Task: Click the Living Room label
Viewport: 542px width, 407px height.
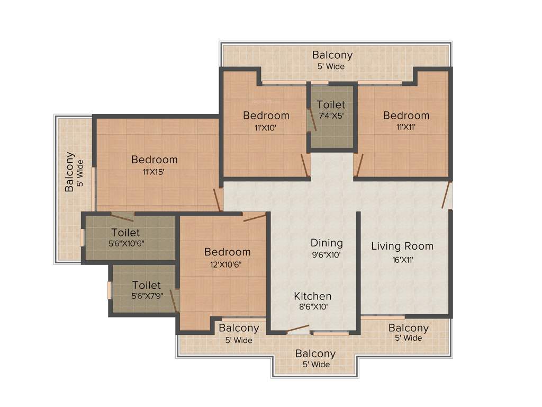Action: (x=402, y=246)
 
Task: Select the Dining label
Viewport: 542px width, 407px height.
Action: (x=327, y=243)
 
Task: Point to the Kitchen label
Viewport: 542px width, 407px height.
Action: (x=313, y=296)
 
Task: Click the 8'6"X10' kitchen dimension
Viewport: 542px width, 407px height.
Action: (x=313, y=307)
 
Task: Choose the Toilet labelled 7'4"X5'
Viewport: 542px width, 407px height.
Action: (x=331, y=105)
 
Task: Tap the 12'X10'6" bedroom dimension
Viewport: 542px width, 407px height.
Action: (x=228, y=264)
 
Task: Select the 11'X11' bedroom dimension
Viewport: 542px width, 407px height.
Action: (x=406, y=127)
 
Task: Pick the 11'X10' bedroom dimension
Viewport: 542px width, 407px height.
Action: (x=266, y=127)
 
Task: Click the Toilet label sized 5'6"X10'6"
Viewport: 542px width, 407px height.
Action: (x=125, y=233)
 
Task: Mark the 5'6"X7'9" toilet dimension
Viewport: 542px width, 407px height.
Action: (x=147, y=297)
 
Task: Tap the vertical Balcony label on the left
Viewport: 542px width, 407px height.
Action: (x=69, y=172)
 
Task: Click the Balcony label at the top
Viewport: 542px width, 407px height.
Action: (x=332, y=55)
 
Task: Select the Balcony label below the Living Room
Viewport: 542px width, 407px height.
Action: (x=408, y=328)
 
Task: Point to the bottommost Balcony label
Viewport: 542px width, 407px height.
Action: (x=315, y=353)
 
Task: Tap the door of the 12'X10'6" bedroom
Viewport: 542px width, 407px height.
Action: (x=255, y=217)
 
